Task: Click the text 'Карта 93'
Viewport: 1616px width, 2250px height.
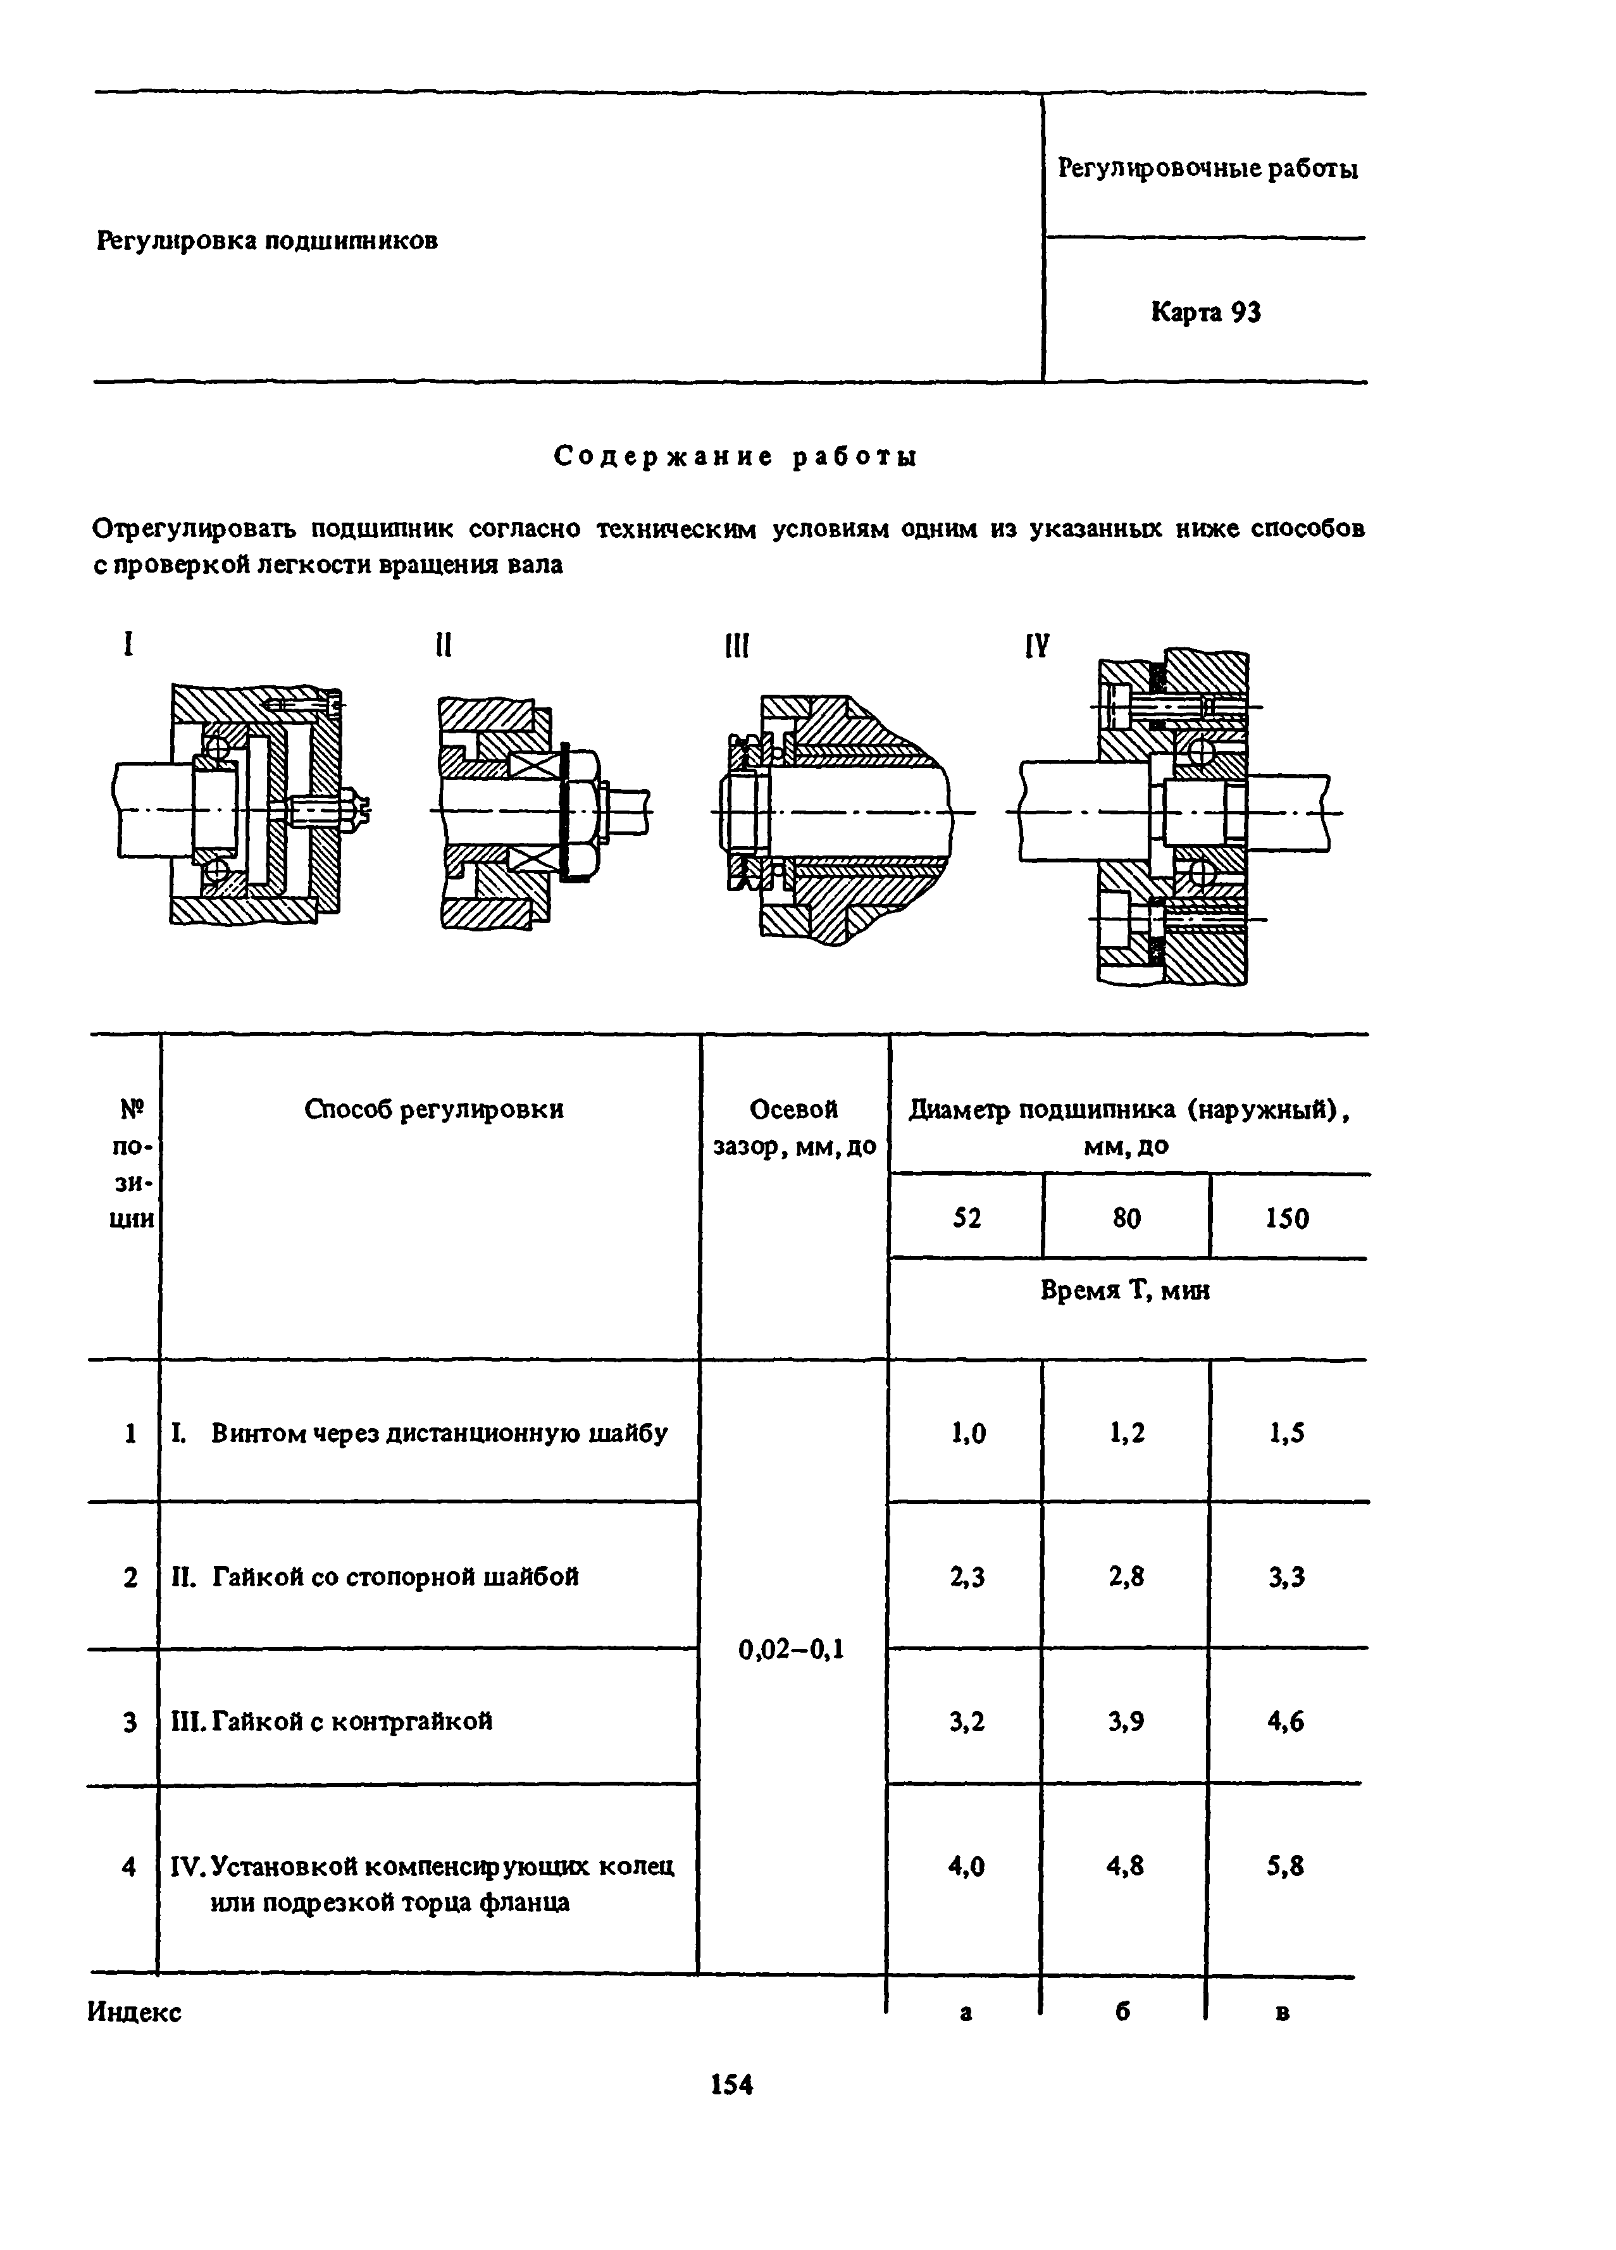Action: [1205, 313]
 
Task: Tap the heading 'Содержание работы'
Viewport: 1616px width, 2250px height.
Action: [735, 456]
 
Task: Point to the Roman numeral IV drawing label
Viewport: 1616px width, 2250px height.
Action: [1036, 648]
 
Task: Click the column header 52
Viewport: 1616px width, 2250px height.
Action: [966, 1217]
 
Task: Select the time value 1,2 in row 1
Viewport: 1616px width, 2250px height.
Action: [1126, 1433]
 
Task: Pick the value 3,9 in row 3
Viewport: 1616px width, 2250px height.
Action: [1126, 1721]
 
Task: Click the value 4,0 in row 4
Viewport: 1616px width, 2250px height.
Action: [966, 1866]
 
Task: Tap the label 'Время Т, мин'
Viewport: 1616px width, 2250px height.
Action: [1125, 1290]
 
